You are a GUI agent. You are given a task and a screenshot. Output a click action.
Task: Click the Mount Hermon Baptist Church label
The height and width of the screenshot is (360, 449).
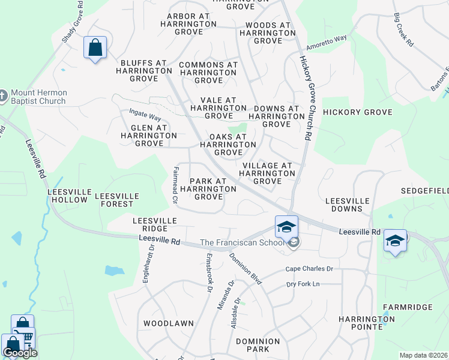click(37, 97)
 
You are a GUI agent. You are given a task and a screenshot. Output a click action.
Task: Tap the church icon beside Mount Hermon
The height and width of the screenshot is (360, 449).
click(3, 95)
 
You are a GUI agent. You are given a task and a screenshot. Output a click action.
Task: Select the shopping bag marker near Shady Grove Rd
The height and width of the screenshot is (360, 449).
click(95, 48)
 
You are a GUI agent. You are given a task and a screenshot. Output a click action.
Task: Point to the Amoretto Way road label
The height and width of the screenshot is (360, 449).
click(327, 42)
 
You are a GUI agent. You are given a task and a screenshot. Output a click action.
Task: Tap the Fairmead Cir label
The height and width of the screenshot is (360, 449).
click(175, 185)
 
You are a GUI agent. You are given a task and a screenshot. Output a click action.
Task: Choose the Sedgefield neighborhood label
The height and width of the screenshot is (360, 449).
click(425, 191)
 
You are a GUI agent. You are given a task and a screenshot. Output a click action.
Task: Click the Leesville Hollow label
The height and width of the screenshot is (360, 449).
click(70, 196)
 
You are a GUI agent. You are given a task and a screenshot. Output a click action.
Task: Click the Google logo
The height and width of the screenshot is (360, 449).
click(20, 352)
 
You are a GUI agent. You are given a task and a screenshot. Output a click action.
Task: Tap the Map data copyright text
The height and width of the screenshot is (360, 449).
click(424, 355)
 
